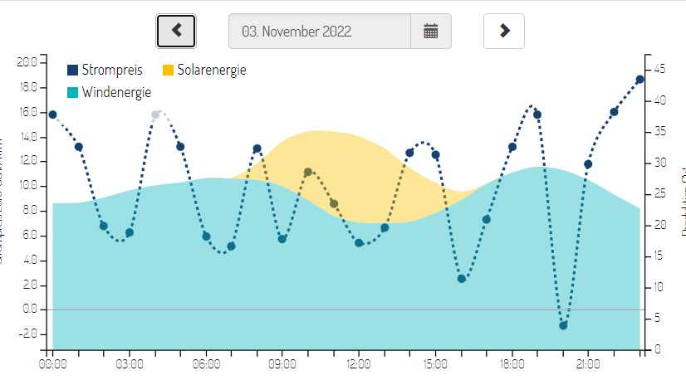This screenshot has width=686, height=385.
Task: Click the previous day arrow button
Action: pyautogui.click(x=175, y=31)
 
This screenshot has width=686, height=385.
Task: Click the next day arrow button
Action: pyautogui.click(x=504, y=31)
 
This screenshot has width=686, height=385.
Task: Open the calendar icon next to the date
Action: pyautogui.click(x=430, y=32)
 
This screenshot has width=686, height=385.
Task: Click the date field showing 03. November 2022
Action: pyautogui.click(x=320, y=32)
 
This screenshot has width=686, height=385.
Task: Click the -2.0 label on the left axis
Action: pyautogui.click(x=27, y=334)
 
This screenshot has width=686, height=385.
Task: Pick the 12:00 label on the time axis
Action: pyautogui.click(x=359, y=363)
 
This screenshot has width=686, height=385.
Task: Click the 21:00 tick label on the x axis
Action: pyautogui.click(x=588, y=363)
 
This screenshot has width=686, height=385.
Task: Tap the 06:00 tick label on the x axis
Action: pyautogui.click(x=206, y=363)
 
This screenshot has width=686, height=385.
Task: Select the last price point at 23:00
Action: pyautogui.click(x=639, y=80)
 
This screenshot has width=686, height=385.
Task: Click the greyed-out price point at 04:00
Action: pyautogui.click(x=155, y=115)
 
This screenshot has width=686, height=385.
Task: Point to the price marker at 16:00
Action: pyautogui.click(x=462, y=279)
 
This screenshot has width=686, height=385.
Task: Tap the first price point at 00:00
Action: pyautogui.click(x=53, y=115)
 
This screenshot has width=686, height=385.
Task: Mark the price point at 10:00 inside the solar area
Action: pyautogui.click(x=308, y=172)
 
